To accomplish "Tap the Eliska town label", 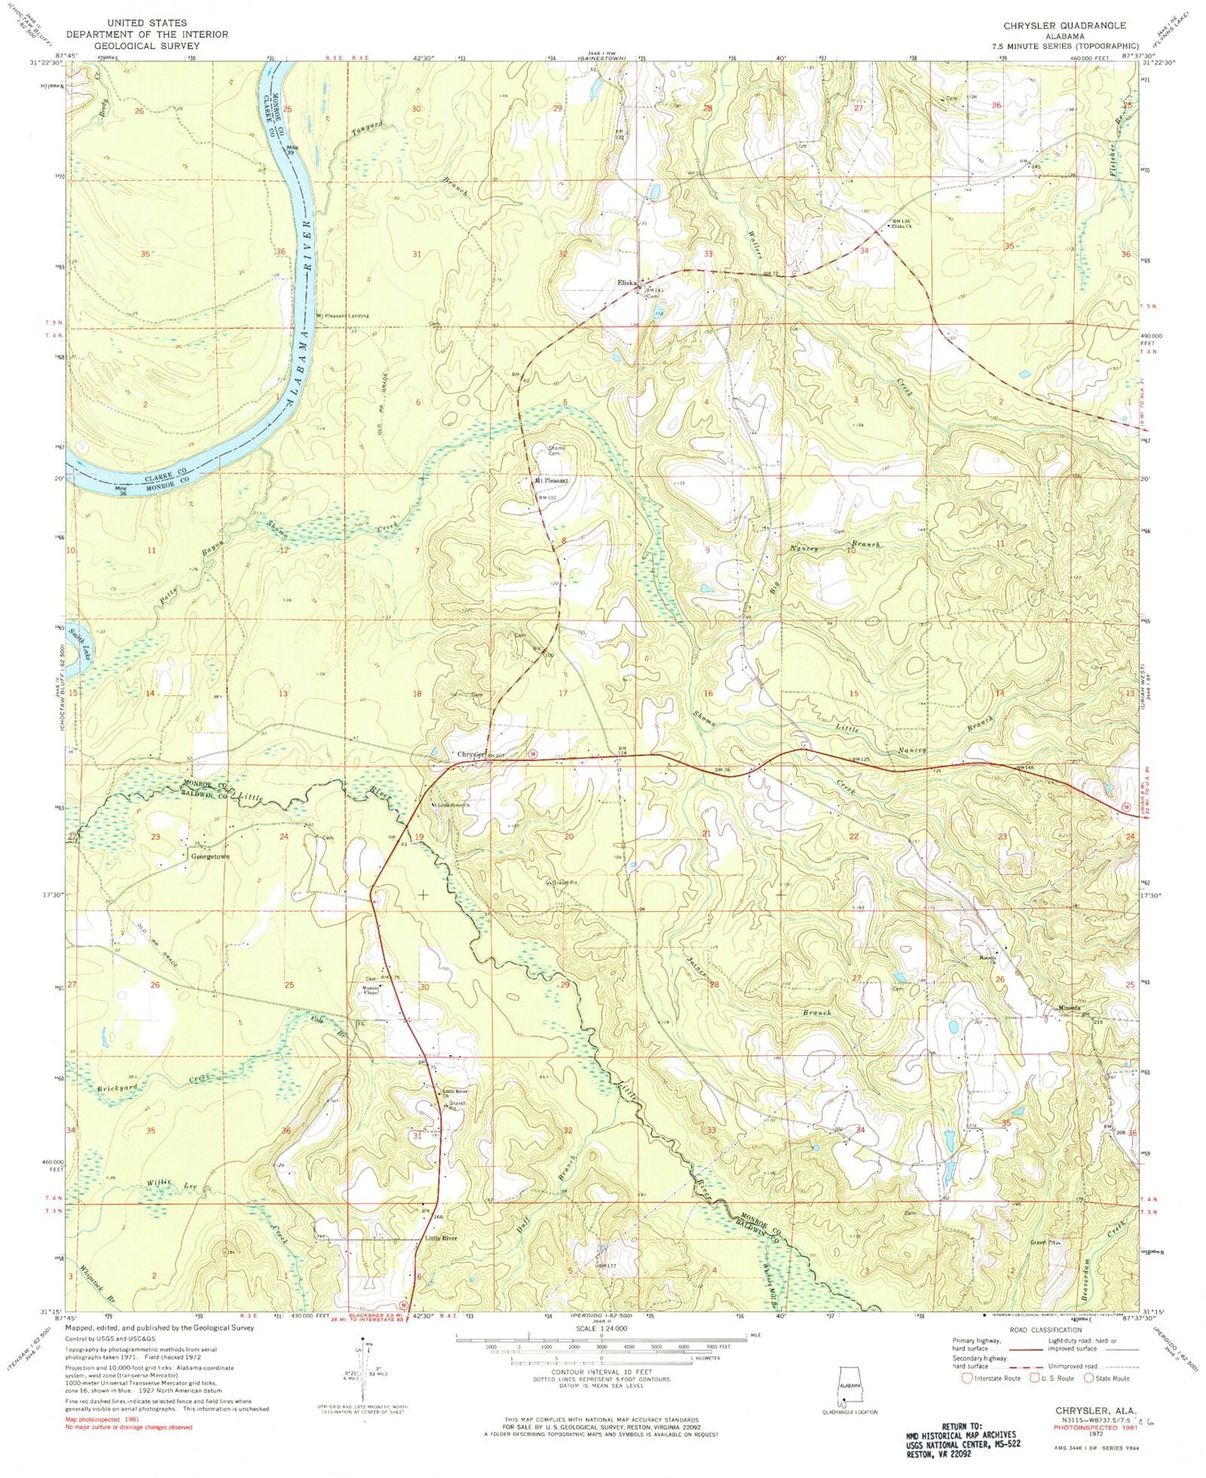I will (x=626, y=282).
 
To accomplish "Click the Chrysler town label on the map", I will (x=470, y=754).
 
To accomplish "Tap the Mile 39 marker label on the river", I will (x=296, y=150).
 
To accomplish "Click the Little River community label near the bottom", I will (x=440, y=1238).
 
